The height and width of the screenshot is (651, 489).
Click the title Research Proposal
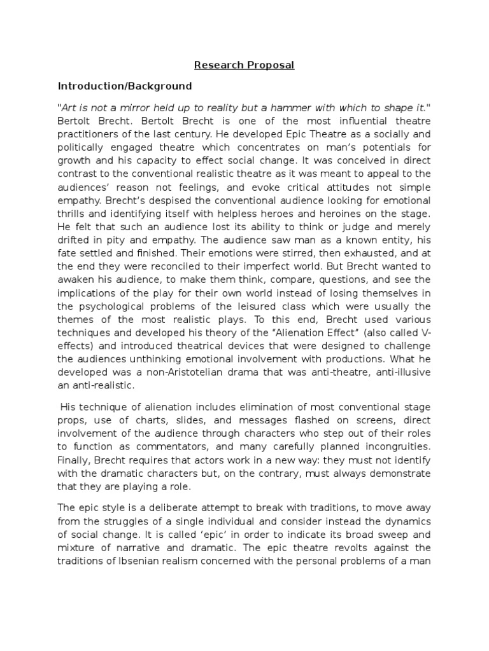point(244,65)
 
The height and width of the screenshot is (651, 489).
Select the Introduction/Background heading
point(125,86)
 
